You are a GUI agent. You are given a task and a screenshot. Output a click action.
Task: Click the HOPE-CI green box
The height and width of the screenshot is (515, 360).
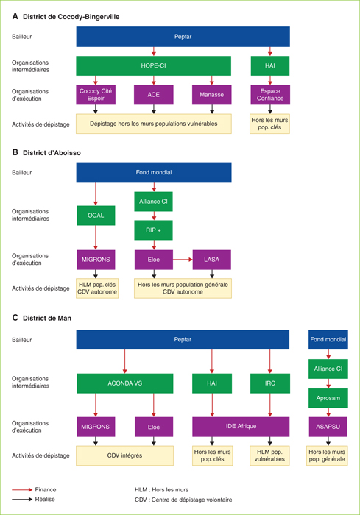[x=154, y=65]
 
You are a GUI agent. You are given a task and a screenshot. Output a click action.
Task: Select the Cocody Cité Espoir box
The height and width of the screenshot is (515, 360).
[x=96, y=95]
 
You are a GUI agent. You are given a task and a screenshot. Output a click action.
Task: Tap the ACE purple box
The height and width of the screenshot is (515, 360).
[x=154, y=95]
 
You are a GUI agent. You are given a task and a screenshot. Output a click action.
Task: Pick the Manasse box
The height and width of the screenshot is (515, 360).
[x=212, y=95]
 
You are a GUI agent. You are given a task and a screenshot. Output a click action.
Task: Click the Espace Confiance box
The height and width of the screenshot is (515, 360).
[x=270, y=95]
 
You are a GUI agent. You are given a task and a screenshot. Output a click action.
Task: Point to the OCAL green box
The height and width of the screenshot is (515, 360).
[x=96, y=216]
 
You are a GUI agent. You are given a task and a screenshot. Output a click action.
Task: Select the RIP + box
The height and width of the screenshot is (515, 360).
[x=154, y=230]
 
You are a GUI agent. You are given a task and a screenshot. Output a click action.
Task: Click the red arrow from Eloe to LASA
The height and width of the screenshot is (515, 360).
[x=183, y=260]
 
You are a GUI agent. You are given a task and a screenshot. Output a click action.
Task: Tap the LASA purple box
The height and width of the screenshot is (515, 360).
[x=212, y=260]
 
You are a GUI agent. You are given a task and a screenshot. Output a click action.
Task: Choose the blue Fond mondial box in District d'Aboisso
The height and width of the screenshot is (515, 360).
[x=154, y=172]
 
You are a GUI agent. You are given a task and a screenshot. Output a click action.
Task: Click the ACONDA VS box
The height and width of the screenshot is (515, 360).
[x=125, y=383]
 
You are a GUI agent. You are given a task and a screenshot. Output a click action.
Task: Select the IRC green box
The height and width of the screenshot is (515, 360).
[x=270, y=383]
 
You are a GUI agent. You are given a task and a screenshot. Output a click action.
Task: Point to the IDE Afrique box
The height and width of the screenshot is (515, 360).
[x=241, y=427]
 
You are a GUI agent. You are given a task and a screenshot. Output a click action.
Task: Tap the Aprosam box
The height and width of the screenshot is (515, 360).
[x=328, y=398]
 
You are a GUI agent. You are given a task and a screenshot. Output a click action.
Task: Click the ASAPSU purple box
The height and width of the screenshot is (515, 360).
[x=328, y=427]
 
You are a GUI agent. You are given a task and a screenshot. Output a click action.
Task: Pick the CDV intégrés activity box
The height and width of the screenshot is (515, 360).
[x=124, y=455]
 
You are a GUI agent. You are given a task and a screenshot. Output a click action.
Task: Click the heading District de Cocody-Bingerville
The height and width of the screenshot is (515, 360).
[x=71, y=17]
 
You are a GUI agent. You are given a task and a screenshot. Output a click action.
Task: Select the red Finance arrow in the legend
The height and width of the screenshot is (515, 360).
[x=22, y=490]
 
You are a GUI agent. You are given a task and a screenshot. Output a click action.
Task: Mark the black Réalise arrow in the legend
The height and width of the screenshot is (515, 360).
[x=22, y=500]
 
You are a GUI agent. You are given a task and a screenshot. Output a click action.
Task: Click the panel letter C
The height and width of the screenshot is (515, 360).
[x=15, y=318]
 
